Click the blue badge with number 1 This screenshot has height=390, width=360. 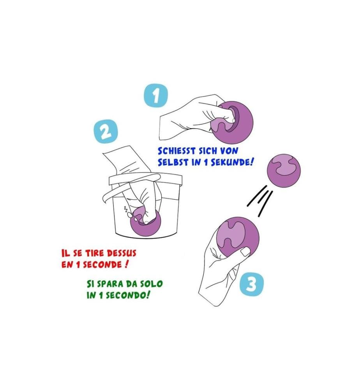click(156, 96)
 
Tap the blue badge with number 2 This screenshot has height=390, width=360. click(106, 131)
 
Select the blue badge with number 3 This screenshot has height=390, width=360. click(251, 285)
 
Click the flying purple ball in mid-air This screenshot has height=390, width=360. click(284, 170)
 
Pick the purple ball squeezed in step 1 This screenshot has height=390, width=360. click(231, 122)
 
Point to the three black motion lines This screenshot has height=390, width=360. click(260, 201)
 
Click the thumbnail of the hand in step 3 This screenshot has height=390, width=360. click(245, 252)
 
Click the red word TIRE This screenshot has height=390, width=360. click(94, 253)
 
